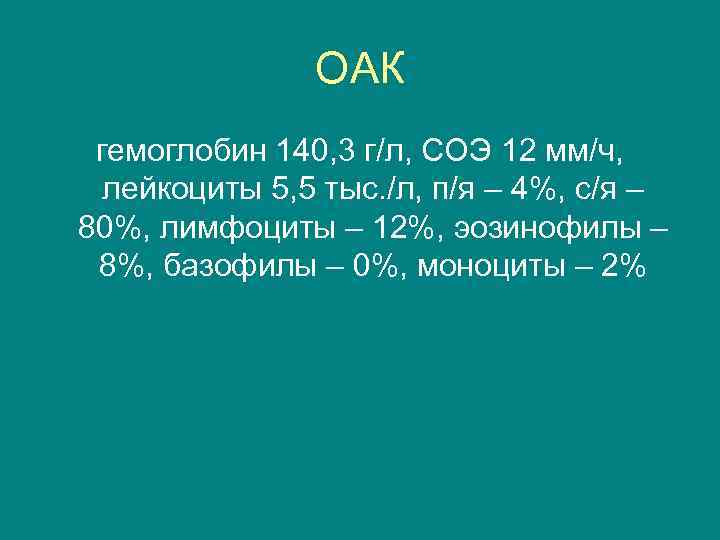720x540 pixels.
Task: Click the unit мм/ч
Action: coord(587,152)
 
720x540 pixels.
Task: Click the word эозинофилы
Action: coord(544,228)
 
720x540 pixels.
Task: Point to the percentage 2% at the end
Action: coord(622,266)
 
